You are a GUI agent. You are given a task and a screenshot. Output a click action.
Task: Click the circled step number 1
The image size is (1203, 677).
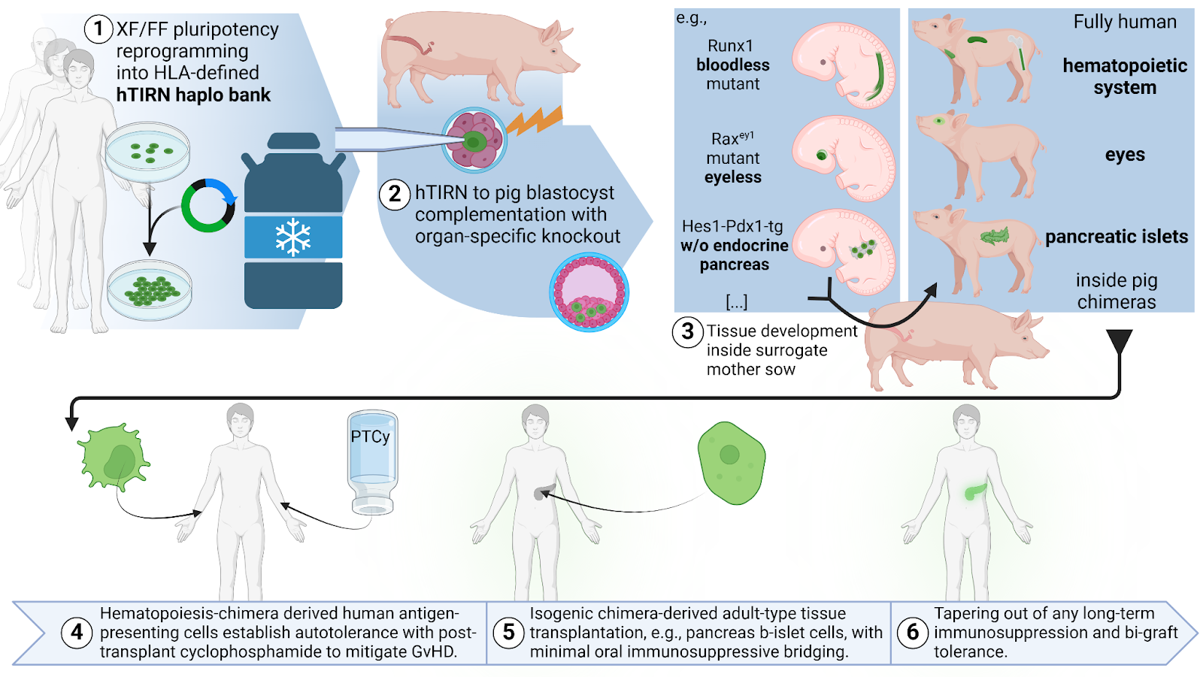click(98, 29)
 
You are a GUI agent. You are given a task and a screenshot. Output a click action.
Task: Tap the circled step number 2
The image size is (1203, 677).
click(395, 194)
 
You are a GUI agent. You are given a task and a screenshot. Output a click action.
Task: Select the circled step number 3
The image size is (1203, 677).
click(687, 331)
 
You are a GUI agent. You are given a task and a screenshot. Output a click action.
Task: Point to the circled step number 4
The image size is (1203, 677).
click(77, 632)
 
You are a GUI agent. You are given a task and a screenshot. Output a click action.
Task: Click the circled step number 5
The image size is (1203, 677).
click(508, 632)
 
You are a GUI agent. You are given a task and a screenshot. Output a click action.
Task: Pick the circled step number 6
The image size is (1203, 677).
click(913, 632)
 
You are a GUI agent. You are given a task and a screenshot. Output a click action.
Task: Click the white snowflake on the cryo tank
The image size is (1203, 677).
click(293, 237)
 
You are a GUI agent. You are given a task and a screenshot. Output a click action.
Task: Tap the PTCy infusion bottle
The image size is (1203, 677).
click(372, 462)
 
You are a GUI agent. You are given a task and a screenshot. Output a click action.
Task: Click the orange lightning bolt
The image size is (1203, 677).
click(535, 120)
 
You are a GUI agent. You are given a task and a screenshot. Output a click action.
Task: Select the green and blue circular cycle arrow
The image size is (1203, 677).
click(208, 205)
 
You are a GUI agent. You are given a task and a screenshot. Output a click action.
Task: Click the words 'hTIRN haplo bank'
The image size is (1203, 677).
click(193, 95)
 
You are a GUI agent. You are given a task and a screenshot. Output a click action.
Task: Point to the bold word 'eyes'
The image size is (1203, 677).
click(1125, 155)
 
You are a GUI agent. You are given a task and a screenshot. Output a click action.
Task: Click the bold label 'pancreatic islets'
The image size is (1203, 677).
click(1117, 237)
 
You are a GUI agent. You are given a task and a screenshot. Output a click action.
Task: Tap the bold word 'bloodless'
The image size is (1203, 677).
click(733, 65)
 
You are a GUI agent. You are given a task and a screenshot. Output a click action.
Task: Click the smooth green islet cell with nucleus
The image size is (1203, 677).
click(731, 461)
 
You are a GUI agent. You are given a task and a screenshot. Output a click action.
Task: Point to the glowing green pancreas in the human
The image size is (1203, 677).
click(975, 491)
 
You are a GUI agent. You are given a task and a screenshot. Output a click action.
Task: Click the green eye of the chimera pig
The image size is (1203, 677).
click(938, 121)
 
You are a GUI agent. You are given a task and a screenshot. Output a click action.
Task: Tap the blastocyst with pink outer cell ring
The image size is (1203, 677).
click(589, 292)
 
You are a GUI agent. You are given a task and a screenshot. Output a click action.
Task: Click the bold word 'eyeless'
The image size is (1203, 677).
click(733, 177)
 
